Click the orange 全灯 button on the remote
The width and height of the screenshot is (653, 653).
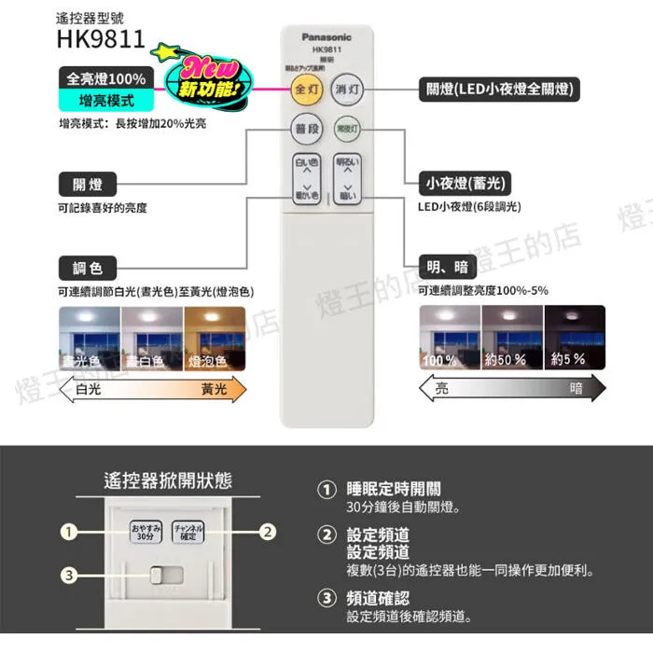(306, 90)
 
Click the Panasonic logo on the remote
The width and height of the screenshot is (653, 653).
(326, 37)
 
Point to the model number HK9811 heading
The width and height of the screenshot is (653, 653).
(101, 40)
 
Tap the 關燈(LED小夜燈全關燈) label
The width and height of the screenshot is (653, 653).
(500, 90)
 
